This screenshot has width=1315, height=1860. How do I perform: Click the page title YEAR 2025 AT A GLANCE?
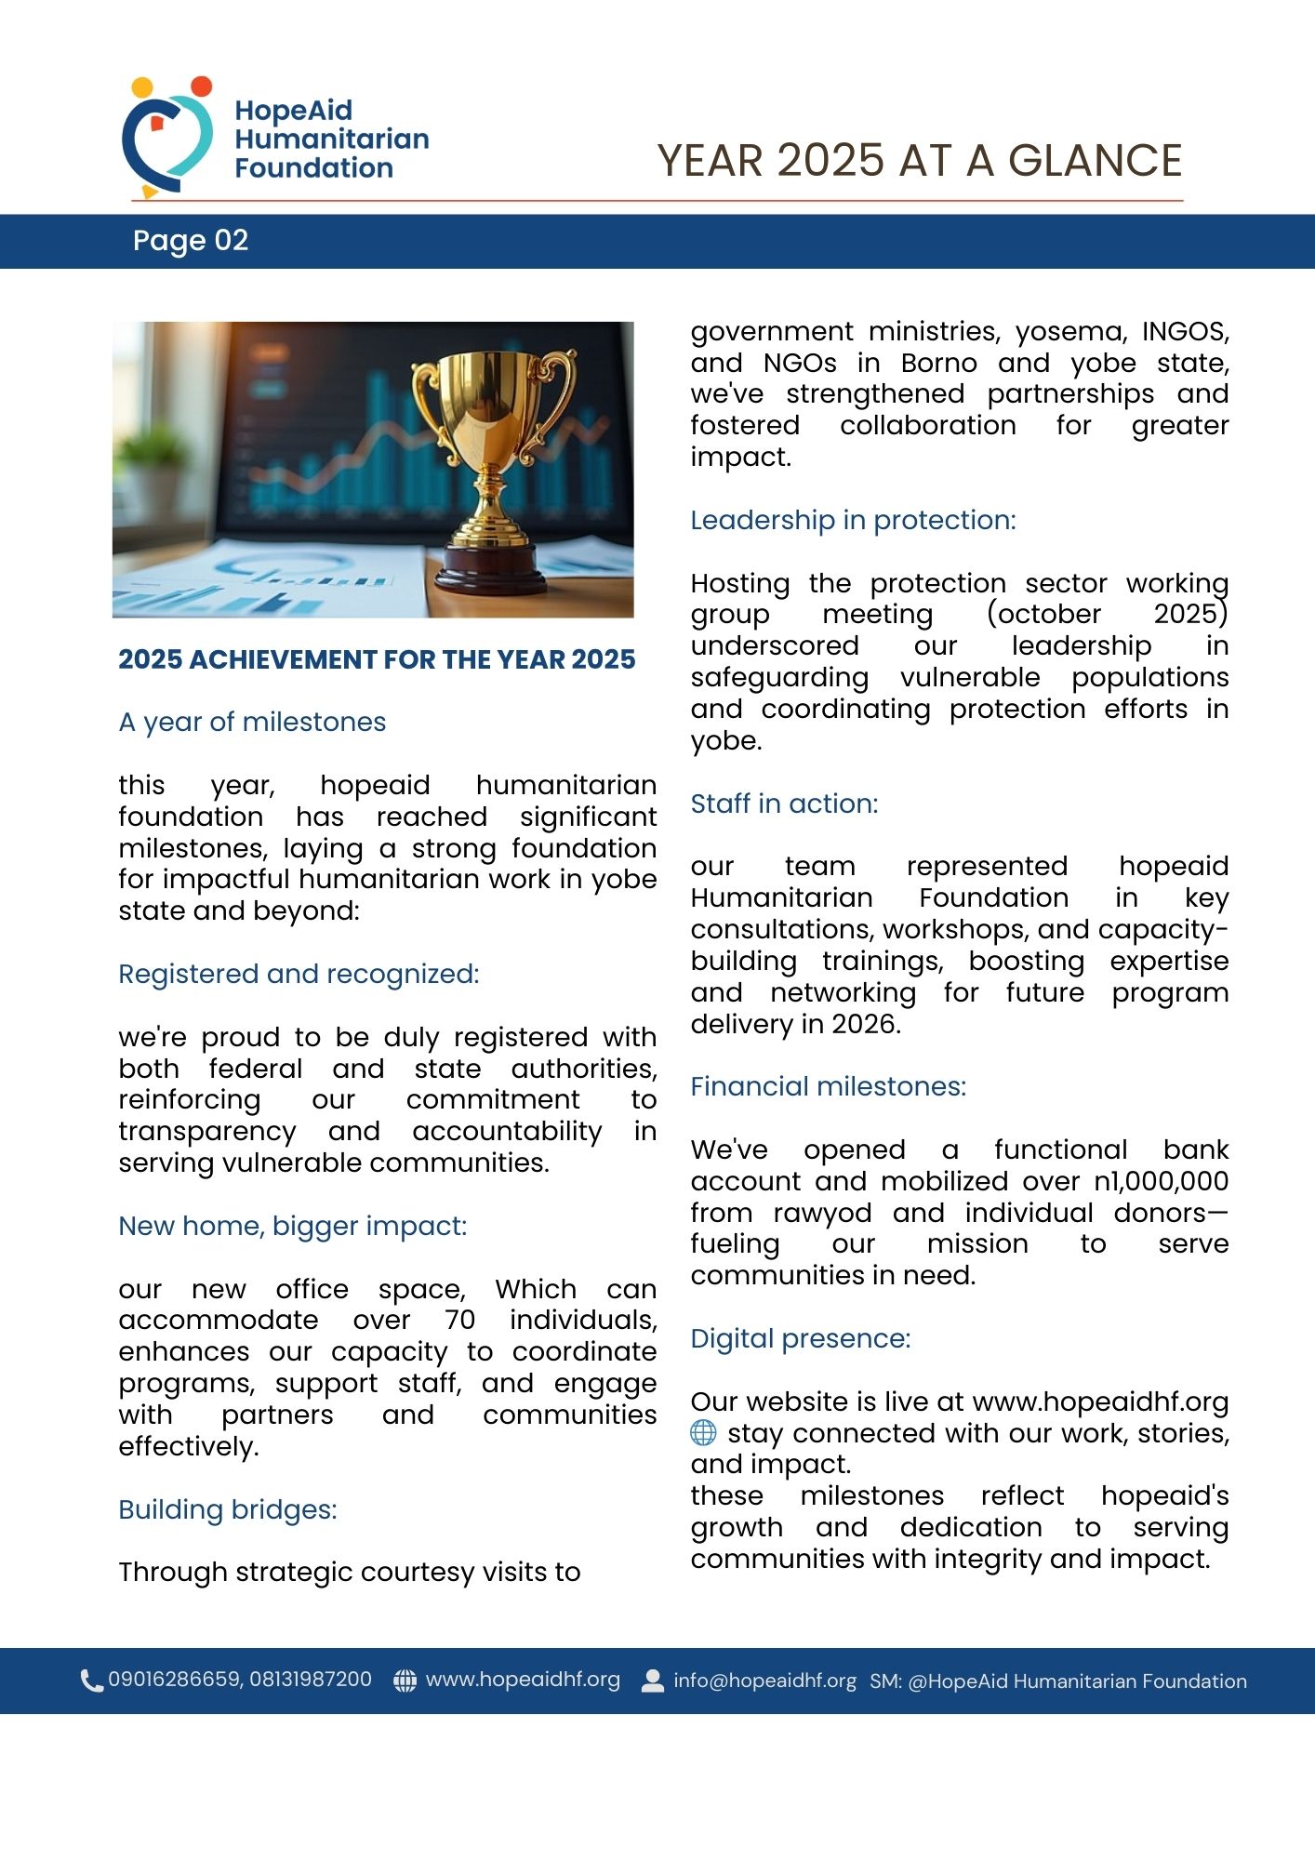coord(919,161)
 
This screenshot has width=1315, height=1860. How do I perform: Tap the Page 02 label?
coord(191,241)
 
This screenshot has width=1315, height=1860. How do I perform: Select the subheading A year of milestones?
coord(252,723)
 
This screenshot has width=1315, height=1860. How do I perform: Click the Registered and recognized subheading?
coord(299,974)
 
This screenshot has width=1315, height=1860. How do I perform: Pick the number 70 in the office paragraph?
coord(459,1321)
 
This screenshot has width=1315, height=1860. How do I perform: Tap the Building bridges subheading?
coord(228,1509)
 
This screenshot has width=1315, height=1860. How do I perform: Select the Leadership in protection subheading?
coord(853,521)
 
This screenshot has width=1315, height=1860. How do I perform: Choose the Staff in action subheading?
coord(784,804)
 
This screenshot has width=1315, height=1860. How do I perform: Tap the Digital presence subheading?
coord(800,1339)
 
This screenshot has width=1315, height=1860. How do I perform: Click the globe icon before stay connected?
coord(703,1433)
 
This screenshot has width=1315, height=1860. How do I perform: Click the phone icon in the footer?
coord(91,1681)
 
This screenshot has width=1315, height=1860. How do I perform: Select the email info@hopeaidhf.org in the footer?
coord(764,1681)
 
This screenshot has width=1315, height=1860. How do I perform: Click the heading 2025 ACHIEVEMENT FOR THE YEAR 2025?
coord(377,660)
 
